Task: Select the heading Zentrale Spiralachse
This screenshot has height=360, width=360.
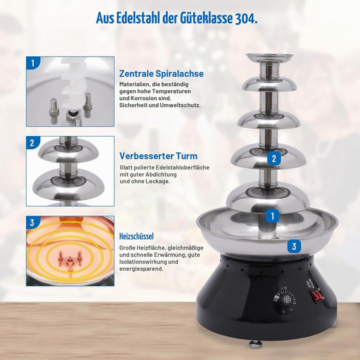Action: pos(161,73)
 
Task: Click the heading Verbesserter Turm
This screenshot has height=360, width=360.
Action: pos(158,156)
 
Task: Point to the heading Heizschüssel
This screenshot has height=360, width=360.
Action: pos(136,236)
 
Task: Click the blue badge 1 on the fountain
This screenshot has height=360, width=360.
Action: pos(272,216)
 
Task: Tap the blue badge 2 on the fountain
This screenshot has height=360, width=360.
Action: pos(274,158)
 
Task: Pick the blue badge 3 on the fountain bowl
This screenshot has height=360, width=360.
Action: pos(294,246)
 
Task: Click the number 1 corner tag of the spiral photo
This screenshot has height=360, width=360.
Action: pos(32,62)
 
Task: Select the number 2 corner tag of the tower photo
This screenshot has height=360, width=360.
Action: pos(32,142)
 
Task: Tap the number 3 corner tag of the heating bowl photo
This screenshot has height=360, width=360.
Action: pos(32,222)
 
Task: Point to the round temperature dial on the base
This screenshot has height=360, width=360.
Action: pos(284,300)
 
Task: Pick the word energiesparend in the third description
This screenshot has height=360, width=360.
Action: pos(141,269)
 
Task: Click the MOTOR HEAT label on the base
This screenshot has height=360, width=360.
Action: pos(309,282)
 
